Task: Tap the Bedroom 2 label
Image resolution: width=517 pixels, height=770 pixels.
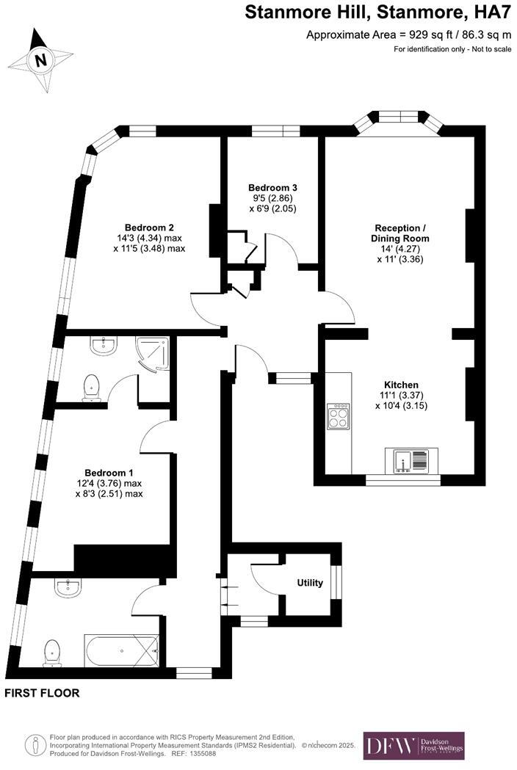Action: (149, 227)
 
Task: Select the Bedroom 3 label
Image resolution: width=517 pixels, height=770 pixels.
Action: (272, 188)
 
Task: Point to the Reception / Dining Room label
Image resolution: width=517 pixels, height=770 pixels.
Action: (400, 233)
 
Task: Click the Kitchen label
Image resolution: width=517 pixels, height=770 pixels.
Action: (401, 385)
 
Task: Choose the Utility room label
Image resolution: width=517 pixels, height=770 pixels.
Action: (310, 583)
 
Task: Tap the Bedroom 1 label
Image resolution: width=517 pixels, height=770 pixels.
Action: (109, 472)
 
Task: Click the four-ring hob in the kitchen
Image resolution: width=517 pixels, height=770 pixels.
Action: (339, 416)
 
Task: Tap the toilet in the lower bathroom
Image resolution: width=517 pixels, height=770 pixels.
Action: (51, 653)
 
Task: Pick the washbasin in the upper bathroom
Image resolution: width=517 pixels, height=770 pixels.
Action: (103, 345)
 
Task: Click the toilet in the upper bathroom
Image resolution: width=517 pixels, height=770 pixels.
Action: (92, 387)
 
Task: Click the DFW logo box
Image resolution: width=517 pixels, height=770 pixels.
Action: (414, 745)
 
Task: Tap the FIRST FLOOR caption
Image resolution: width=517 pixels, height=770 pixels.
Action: (42, 692)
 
